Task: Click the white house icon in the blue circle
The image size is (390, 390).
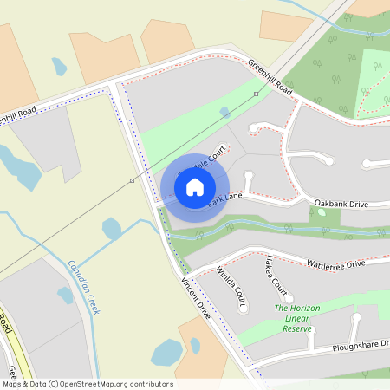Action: [x=195, y=186]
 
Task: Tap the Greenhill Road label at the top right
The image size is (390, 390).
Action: [x=270, y=77]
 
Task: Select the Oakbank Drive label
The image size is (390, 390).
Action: [x=341, y=204]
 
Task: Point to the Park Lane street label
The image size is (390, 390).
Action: [x=224, y=200]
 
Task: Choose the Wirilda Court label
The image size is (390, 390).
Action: [x=231, y=288]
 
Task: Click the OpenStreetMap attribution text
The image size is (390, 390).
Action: [x=87, y=384]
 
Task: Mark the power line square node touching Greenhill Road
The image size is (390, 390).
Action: [x=256, y=94]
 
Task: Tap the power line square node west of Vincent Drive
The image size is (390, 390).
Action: [x=132, y=180]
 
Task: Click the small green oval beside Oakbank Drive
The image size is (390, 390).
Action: [x=322, y=212]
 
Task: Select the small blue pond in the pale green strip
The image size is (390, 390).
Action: [x=224, y=112]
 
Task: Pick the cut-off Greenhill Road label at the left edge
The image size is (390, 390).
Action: [x=17, y=114]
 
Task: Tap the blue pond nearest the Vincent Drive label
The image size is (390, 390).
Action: [x=166, y=353]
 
